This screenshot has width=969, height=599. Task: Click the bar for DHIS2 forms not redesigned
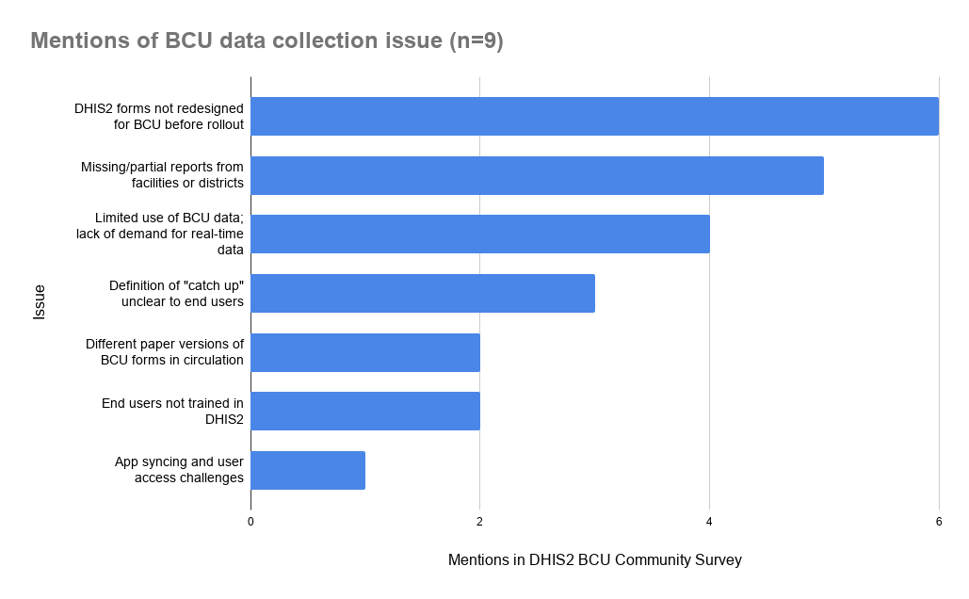pyautogui.click(x=594, y=116)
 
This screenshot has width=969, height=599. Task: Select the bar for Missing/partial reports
pyautogui.click(x=537, y=175)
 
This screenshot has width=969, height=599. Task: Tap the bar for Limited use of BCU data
pyautogui.click(x=480, y=234)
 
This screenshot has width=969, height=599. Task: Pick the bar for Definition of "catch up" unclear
pyautogui.click(x=423, y=293)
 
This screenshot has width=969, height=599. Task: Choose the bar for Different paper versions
pyautogui.click(x=365, y=352)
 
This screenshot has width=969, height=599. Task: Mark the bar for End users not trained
pyautogui.click(x=365, y=411)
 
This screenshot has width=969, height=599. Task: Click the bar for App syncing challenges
pyautogui.click(x=308, y=470)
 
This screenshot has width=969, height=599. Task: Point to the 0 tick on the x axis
pyautogui.click(x=250, y=522)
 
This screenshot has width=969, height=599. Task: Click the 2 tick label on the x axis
pyautogui.click(x=479, y=522)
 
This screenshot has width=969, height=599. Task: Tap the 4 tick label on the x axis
pyautogui.click(x=709, y=522)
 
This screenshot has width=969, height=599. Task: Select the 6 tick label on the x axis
pyautogui.click(x=939, y=522)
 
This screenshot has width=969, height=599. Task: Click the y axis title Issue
pyautogui.click(x=39, y=301)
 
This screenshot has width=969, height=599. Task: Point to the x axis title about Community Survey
pyautogui.click(x=594, y=560)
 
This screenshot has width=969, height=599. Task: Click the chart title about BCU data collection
pyautogui.click(x=267, y=40)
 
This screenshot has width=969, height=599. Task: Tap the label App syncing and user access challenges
pyautogui.click(x=179, y=470)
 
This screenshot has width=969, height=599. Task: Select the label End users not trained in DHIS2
pyautogui.click(x=172, y=411)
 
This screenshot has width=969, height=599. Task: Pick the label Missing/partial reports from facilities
pyautogui.click(x=162, y=175)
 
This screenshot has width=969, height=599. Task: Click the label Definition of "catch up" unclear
pyautogui.click(x=176, y=294)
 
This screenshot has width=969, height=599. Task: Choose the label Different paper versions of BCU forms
pyautogui.click(x=165, y=351)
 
